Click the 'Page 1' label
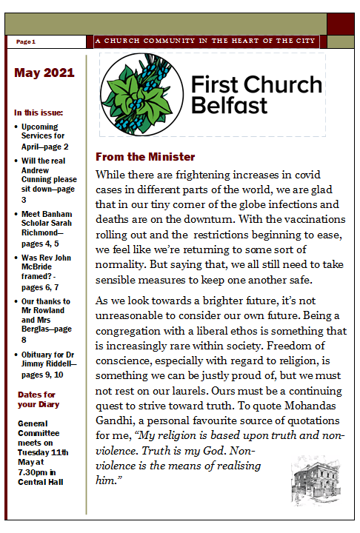(x=26, y=42)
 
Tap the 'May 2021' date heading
(x=44, y=73)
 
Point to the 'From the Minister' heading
(x=145, y=157)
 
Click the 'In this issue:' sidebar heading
(x=39, y=113)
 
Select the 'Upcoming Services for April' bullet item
(x=49, y=137)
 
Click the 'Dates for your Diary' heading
(x=37, y=400)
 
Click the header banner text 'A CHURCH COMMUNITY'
(x=153, y=41)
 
